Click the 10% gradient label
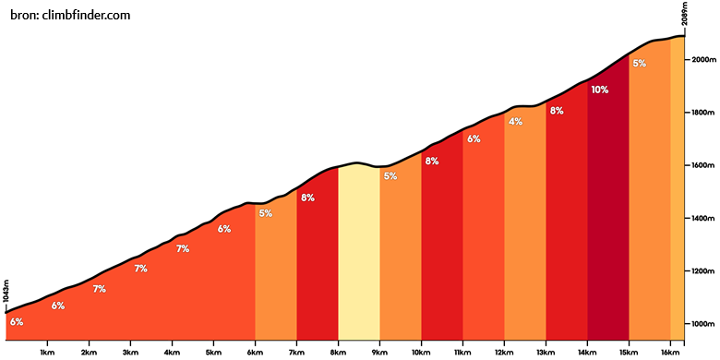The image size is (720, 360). click(600, 90)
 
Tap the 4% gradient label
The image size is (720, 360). click(515, 122)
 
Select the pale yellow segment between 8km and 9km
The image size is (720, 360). click(359, 252)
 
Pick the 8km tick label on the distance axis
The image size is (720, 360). click(338, 353)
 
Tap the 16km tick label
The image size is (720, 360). click(670, 353)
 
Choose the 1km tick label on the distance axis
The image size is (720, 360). click(47, 353)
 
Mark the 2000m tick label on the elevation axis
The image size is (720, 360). click(702, 59)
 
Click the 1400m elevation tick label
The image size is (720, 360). click(702, 218)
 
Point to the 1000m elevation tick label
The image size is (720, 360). click(702, 324)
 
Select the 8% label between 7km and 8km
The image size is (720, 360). click(307, 198)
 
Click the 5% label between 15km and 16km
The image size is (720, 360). click(639, 64)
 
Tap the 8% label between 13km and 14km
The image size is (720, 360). click(557, 111)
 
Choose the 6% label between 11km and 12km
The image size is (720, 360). click(474, 138)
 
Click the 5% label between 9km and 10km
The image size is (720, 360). click(390, 176)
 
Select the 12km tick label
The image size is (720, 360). click(504, 353)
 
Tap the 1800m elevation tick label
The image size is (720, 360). click(702, 112)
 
